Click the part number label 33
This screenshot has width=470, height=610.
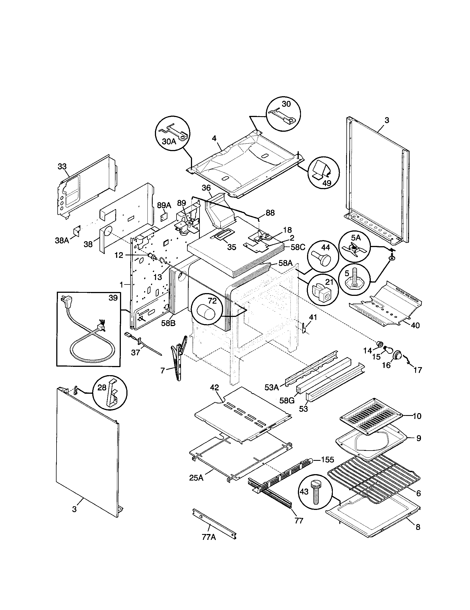(62, 167)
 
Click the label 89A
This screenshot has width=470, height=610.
(164, 205)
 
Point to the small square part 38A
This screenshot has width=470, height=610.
(76, 230)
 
